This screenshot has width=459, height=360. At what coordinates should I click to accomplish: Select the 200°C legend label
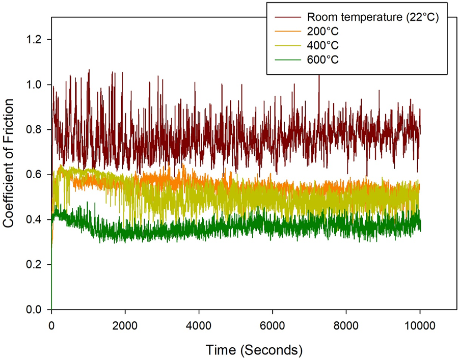click(318, 32)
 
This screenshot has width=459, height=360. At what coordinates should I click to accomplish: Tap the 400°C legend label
click(318, 45)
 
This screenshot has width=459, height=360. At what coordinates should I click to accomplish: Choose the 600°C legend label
click(318, 59)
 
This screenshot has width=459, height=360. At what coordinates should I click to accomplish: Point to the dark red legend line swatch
click(286, 18)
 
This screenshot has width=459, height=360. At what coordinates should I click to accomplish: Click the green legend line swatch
click(286, 59)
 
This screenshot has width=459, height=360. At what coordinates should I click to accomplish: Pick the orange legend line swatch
click(286, 32)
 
